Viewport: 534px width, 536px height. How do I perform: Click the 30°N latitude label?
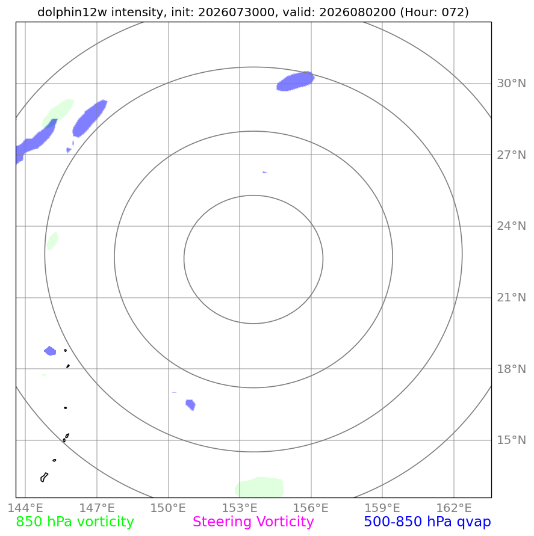[x=511, y=84]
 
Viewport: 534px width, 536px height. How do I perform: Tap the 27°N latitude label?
[x=511, y=155]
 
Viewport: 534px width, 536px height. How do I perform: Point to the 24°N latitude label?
[x=511, y=226]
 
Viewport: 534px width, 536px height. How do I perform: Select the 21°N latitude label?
[x=511, y=297]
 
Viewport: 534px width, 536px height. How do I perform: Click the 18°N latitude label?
[x=511, y=369]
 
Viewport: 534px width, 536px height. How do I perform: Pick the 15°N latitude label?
[x=511, y=440]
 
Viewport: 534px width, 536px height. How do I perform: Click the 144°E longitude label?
[x=25, y=508]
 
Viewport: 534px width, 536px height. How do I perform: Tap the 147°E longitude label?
[x=97, y=508]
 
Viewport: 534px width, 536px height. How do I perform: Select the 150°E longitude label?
[x=168, y=508]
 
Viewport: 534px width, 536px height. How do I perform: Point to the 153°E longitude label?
[x=240, y=508]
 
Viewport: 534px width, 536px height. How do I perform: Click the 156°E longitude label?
[x=311, y=508]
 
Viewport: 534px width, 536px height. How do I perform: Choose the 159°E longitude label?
[x=382, y=508]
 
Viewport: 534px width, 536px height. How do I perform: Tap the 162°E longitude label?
[x=453, y=508]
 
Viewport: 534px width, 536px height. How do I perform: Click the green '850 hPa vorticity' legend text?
[x=75, y=522]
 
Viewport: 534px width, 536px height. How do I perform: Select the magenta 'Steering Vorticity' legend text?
[x=253, y=522]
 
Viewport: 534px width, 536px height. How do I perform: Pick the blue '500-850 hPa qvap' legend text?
[x=427, y=522]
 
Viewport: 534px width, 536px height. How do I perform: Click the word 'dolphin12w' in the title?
[x=72, y=12]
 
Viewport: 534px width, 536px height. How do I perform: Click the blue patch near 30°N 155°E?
[x=295, y=81]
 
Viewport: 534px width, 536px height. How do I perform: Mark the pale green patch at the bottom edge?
[x=259, y=487]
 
